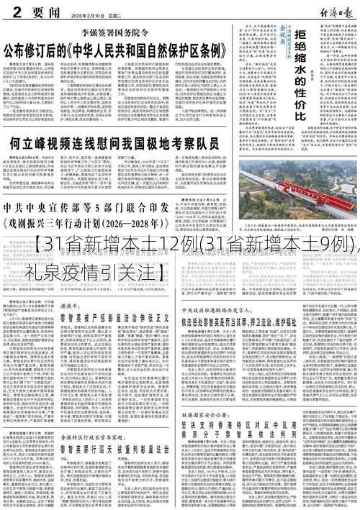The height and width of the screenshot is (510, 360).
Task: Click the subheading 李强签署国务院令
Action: [x=118, y=32]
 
